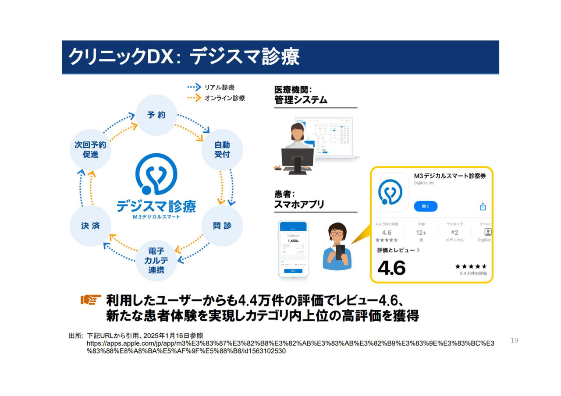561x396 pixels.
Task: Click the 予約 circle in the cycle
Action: pos(156,115)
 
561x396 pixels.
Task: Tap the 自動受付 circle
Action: pos(222,149)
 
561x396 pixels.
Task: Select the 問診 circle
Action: pos(222,226)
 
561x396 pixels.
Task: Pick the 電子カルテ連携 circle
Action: pos(156,260)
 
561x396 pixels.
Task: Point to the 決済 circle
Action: pos(90,226)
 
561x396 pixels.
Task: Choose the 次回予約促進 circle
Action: pos(90,149)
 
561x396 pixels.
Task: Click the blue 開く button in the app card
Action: pos(426,206)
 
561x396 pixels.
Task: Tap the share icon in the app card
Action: pos(483,206)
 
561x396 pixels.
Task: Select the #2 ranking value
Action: pos(454,233)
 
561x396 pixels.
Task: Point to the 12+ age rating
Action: pos(421,233)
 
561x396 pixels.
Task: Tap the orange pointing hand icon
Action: pos(91,300)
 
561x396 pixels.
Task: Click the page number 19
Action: pos(515,340)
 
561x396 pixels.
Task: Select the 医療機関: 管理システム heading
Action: pos(301,95)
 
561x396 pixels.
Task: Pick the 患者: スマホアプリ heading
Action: pos(299,199)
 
